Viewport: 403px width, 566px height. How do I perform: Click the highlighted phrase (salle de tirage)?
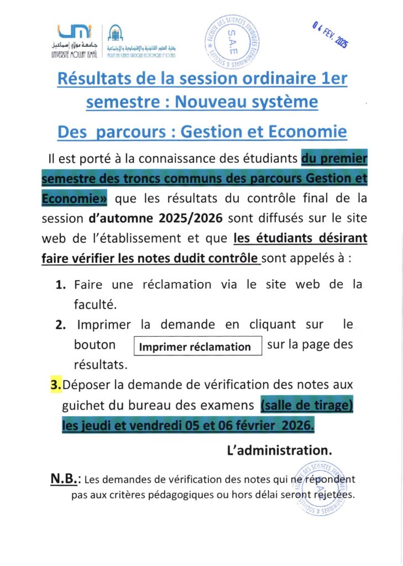pos(306,406)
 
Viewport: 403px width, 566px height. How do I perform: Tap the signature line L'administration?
pos(280,450)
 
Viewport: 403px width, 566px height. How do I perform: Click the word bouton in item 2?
pos(95,345)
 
